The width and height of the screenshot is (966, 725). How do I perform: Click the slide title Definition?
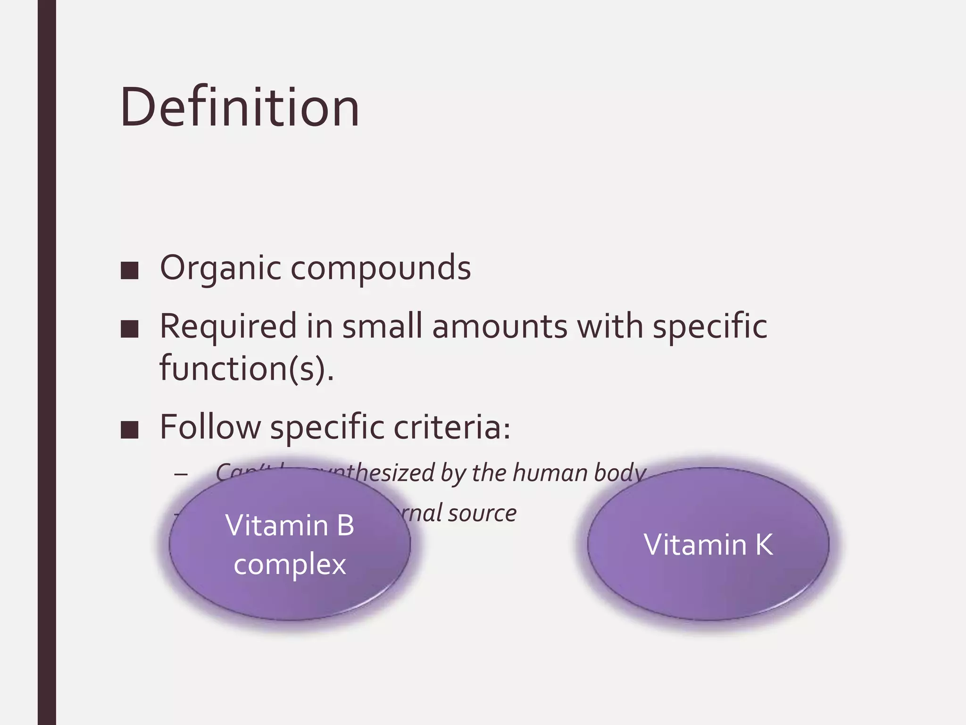(240, 108)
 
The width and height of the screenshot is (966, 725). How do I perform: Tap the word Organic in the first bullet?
(221, 268)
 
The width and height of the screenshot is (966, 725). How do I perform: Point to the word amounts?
(500, 327)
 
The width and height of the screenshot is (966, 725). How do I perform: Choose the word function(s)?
(246, 368)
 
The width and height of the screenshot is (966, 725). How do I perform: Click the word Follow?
(210, 427)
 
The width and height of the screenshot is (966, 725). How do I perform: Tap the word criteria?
(452, 427)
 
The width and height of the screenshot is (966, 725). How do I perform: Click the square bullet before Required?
(129, 329)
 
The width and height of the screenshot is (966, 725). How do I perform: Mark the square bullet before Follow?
(129, 430)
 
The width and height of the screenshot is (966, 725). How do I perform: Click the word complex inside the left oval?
(290, 565)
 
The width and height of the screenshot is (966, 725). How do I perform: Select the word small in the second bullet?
(382, 327)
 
